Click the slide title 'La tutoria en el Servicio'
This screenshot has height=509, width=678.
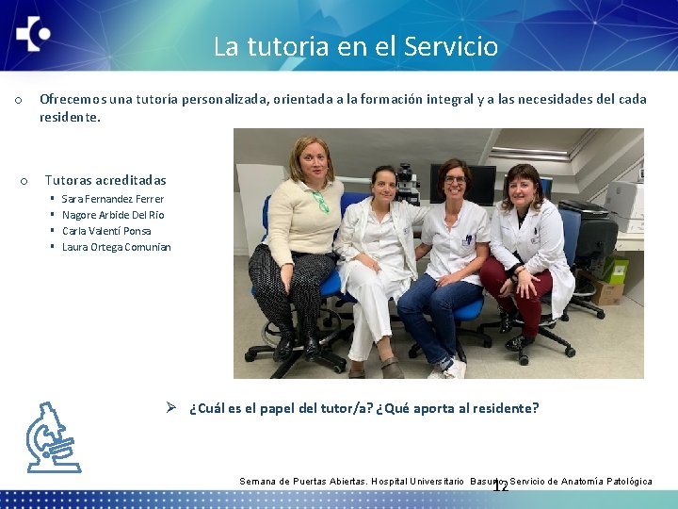pyautogui.click(x=355, y=46)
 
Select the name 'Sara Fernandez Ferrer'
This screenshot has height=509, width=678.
pyautogui.click(x=112, y=199)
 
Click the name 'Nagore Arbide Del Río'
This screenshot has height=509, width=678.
pyautogui.click(x=112, y=215)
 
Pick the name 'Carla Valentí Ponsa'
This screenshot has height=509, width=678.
pyautogui.click(x=106, y=231)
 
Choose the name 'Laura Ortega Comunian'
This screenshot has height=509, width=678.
pyautogui.click(x=116, y=247)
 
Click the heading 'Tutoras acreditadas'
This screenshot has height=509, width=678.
pyautogui.click(x=105, y=180)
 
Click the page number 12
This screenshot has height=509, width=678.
pyautogui.click(x=500, y=486)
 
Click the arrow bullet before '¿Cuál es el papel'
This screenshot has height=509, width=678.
pyautogui.click(x=171, y=408)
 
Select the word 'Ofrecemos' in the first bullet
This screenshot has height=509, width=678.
pyautogui.click(x=72, y=99)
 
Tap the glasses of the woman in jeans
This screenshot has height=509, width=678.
pyautogui.click(x=455, y=179)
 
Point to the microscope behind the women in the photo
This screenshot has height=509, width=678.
pyautogui.click(x=407, y=181)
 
